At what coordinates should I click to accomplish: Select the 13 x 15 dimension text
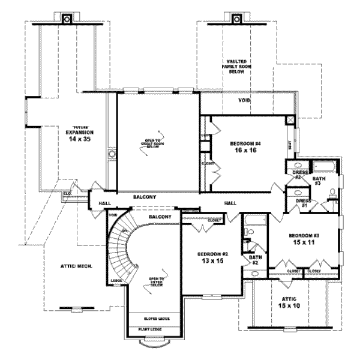pos(210,261)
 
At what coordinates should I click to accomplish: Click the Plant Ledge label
pos(154,329)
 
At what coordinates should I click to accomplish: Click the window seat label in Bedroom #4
pos(290,145)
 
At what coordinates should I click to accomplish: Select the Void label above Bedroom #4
pos(244,100)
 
